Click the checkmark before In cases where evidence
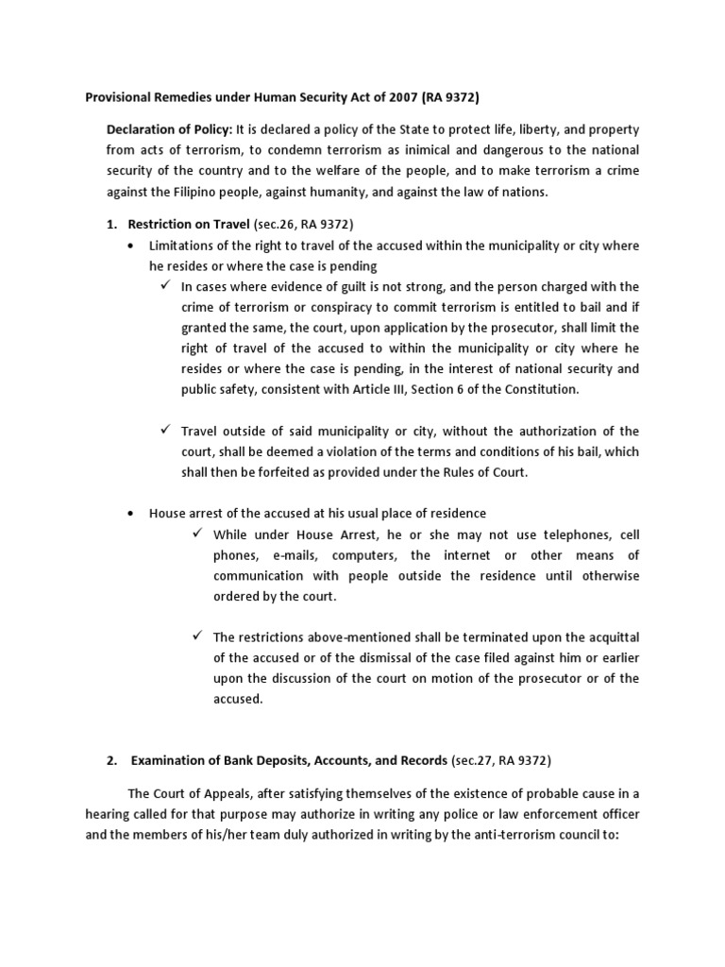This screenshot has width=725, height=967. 164,286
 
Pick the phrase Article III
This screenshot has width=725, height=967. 386,389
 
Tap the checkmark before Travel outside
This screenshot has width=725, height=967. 164,431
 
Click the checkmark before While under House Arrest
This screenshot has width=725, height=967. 197,534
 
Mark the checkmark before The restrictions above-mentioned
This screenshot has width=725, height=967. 197,636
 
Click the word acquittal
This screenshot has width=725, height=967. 607,637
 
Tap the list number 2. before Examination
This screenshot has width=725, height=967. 110,760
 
